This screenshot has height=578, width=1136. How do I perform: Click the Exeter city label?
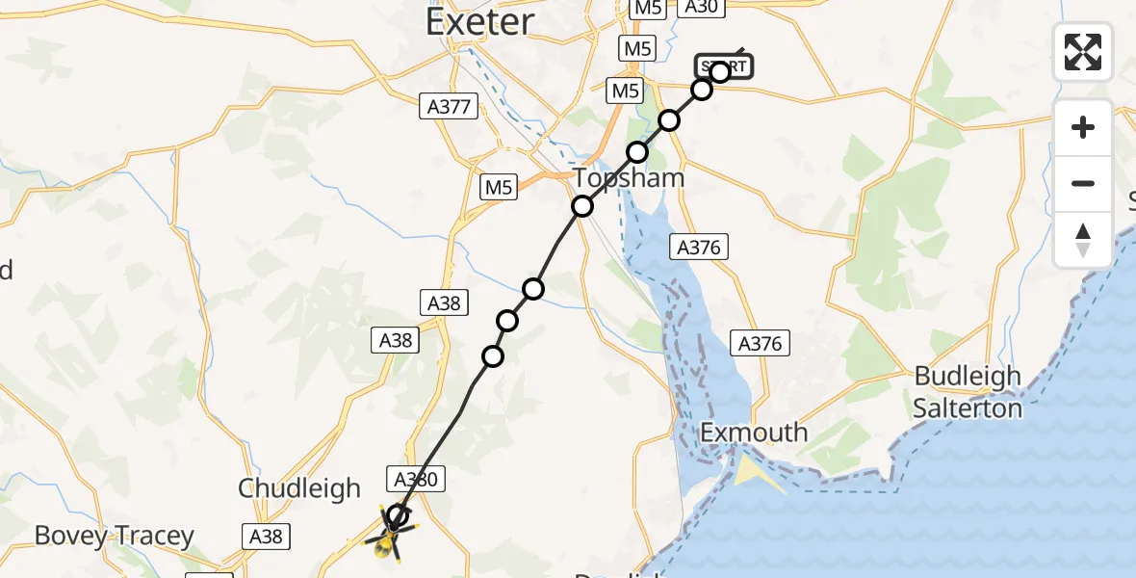[479, 21]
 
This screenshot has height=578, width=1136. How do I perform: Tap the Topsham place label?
[630, 178]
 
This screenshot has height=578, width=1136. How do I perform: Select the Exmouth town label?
[754, 433]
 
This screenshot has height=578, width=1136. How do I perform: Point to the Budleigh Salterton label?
[968, 392]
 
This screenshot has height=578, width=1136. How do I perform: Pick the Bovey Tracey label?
[115, 536]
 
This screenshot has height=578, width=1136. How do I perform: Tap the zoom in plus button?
[1083, 127]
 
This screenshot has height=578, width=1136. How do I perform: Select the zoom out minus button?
[1083, 183]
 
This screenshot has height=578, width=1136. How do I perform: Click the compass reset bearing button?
[1083, 240]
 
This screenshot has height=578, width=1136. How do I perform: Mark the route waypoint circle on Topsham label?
[581, 205]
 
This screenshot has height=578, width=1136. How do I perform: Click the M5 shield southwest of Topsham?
[499, 187]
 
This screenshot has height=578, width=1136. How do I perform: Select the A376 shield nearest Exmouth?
[760, 342]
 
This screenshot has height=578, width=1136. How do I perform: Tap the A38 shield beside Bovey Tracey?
[266, 536]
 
